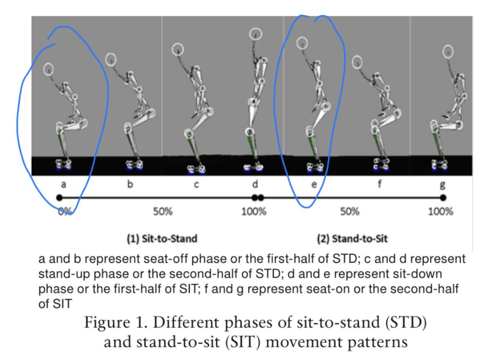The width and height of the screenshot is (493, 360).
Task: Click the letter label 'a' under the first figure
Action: [63, 184]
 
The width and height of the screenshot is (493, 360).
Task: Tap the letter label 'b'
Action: [130, 184]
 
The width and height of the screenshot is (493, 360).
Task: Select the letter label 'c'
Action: [197, 184]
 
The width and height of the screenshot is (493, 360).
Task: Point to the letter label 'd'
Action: [255, 184]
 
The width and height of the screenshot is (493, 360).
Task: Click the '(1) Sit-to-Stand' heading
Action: [162, 238]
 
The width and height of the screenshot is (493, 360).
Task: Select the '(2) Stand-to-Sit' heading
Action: [352, 238]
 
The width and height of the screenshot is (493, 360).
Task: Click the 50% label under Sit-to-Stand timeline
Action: [162, 211]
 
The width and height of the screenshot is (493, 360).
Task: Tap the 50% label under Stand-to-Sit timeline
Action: [350, 211]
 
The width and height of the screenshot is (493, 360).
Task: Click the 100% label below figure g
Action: [440, 211]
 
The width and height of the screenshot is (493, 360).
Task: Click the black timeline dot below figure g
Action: [443, 197]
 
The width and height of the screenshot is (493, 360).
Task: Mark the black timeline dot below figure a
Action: [58, 197]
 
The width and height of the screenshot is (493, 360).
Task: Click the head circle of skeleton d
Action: [256, 34]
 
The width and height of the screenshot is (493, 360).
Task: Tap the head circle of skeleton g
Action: [448, 52]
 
